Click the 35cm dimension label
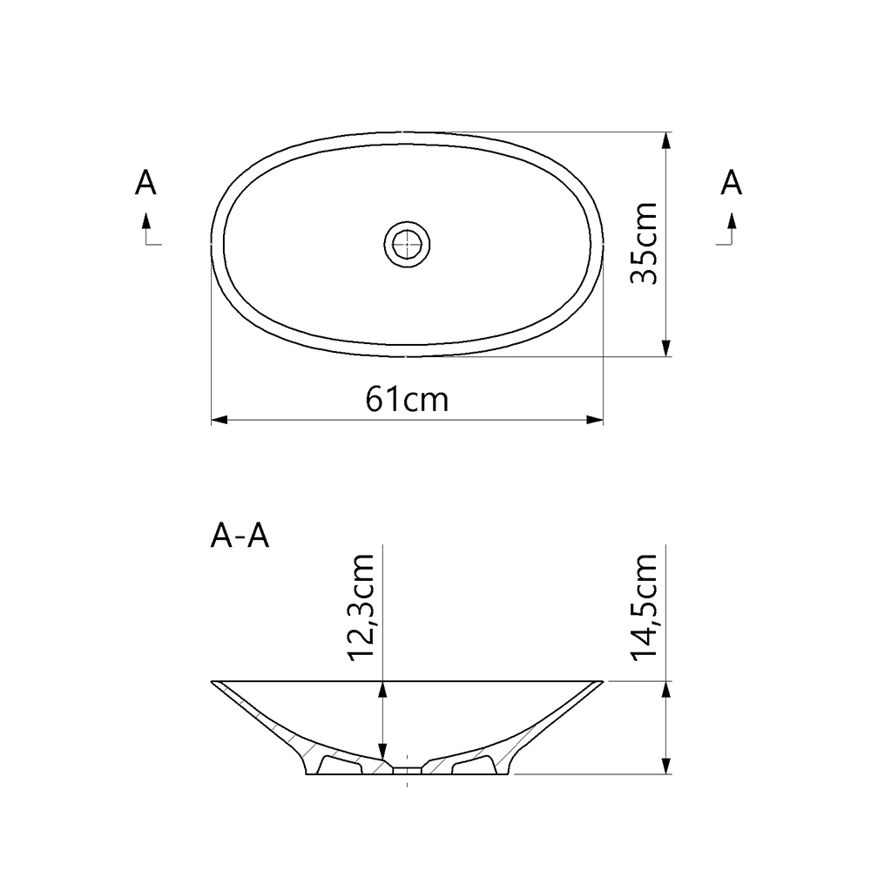(644, 244)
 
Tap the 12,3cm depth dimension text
(361, 606)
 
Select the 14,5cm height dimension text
(644, 606)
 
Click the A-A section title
(240, 537)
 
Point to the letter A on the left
(146, 183)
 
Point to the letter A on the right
(732, 183)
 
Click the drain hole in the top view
(407, 244)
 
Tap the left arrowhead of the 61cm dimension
(219, 420)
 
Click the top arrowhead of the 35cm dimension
(666, 140)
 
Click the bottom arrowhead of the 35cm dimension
(666, 349)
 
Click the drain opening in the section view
(407, 770)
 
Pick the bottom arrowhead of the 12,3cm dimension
(382, 754)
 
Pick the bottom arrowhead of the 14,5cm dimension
(666, 766)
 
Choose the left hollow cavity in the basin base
(341, 764)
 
